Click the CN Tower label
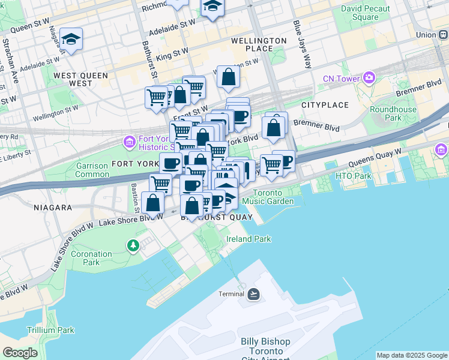(x=341, y=78)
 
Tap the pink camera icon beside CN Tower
(x=368, y=78)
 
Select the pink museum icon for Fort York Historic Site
(x=128, y=142)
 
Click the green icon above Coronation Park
(x=132, y=245)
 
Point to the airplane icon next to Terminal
(x=253, y=293)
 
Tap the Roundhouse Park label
(x=393, y=113)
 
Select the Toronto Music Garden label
(x=273, y=197)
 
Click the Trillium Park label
(x=50, y=330)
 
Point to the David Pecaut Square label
(x=365, y=13)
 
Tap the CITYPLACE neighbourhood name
(x=325, y=105)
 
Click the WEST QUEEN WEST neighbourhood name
(x=80, y=79)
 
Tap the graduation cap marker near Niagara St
(x=71, y=40)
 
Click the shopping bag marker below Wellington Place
(x=228, y=77)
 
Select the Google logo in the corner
(x=20, y=353)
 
